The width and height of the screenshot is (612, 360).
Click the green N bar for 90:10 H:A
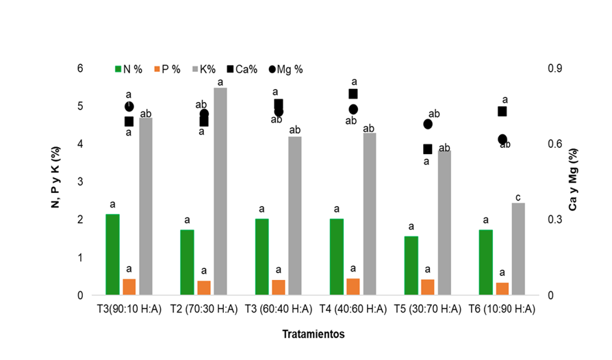[112, 255]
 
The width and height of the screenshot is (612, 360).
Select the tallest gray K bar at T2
[220, 192]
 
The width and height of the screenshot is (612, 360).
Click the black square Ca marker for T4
[353, 94]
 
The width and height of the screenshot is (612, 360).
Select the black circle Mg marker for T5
[428, 124]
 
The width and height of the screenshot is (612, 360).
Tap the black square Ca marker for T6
[502, 111]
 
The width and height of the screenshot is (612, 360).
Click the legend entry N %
[128, 69]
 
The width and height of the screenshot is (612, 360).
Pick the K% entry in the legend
[203, 69]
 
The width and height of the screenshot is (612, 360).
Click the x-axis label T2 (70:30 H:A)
[203, 309]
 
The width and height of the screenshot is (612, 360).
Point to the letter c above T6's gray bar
[518, 194]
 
